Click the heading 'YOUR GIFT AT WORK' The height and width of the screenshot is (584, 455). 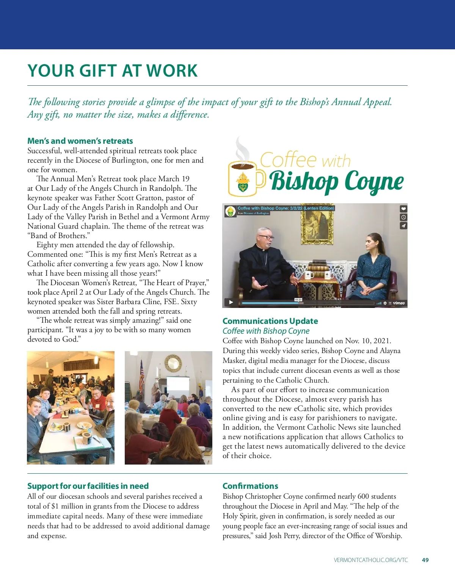pos(113,71)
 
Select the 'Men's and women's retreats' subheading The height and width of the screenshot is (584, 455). pos(80,141)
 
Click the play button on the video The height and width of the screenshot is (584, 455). pos(231,302)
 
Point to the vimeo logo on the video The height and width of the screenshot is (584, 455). pos(399,303)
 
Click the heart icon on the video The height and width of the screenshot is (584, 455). pos(403,209)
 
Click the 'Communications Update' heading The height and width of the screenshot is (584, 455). pos(270,321)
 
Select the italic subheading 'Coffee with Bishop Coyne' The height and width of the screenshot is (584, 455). pos(266,331)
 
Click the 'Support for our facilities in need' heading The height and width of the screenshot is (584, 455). pos(88,486)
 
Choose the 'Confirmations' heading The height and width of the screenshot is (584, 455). pos(250,486)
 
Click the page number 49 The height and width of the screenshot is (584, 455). pos(425,560)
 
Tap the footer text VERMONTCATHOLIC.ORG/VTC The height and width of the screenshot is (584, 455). pos(371,560)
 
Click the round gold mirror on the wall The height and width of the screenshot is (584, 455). pos(173,364)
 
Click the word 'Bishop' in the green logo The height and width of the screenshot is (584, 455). pos(304,182)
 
